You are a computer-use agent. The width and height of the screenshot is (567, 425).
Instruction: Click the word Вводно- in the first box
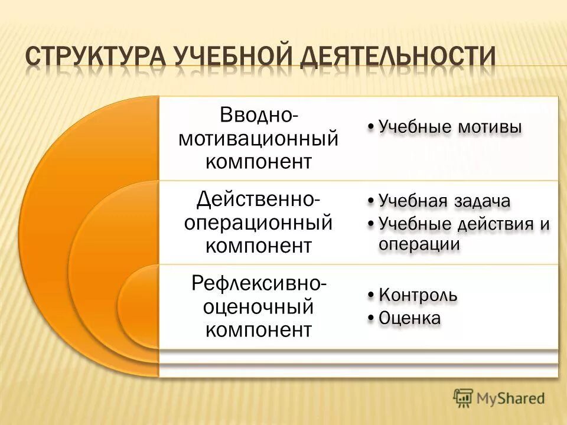[x=259, y=115]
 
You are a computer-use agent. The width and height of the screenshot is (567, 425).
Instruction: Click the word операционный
[x=258, y=223]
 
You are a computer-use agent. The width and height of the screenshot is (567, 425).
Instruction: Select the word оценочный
[x=258, y=306]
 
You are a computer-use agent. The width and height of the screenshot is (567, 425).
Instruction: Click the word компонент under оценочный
[x=258, y=329]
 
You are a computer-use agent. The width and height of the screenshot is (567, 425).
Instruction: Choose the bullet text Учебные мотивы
[x=449, y=127]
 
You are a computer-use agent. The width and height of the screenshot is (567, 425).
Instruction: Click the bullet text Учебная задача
[x=444, y=201]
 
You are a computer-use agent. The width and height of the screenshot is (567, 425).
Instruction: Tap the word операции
[x=419, y=244]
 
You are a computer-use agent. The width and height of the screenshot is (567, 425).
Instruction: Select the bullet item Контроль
[x=418, y=294]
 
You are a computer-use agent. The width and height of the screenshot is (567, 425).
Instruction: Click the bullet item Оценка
[x=409, y=318]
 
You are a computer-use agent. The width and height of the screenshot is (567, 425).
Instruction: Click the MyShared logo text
[x=511, y=398]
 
